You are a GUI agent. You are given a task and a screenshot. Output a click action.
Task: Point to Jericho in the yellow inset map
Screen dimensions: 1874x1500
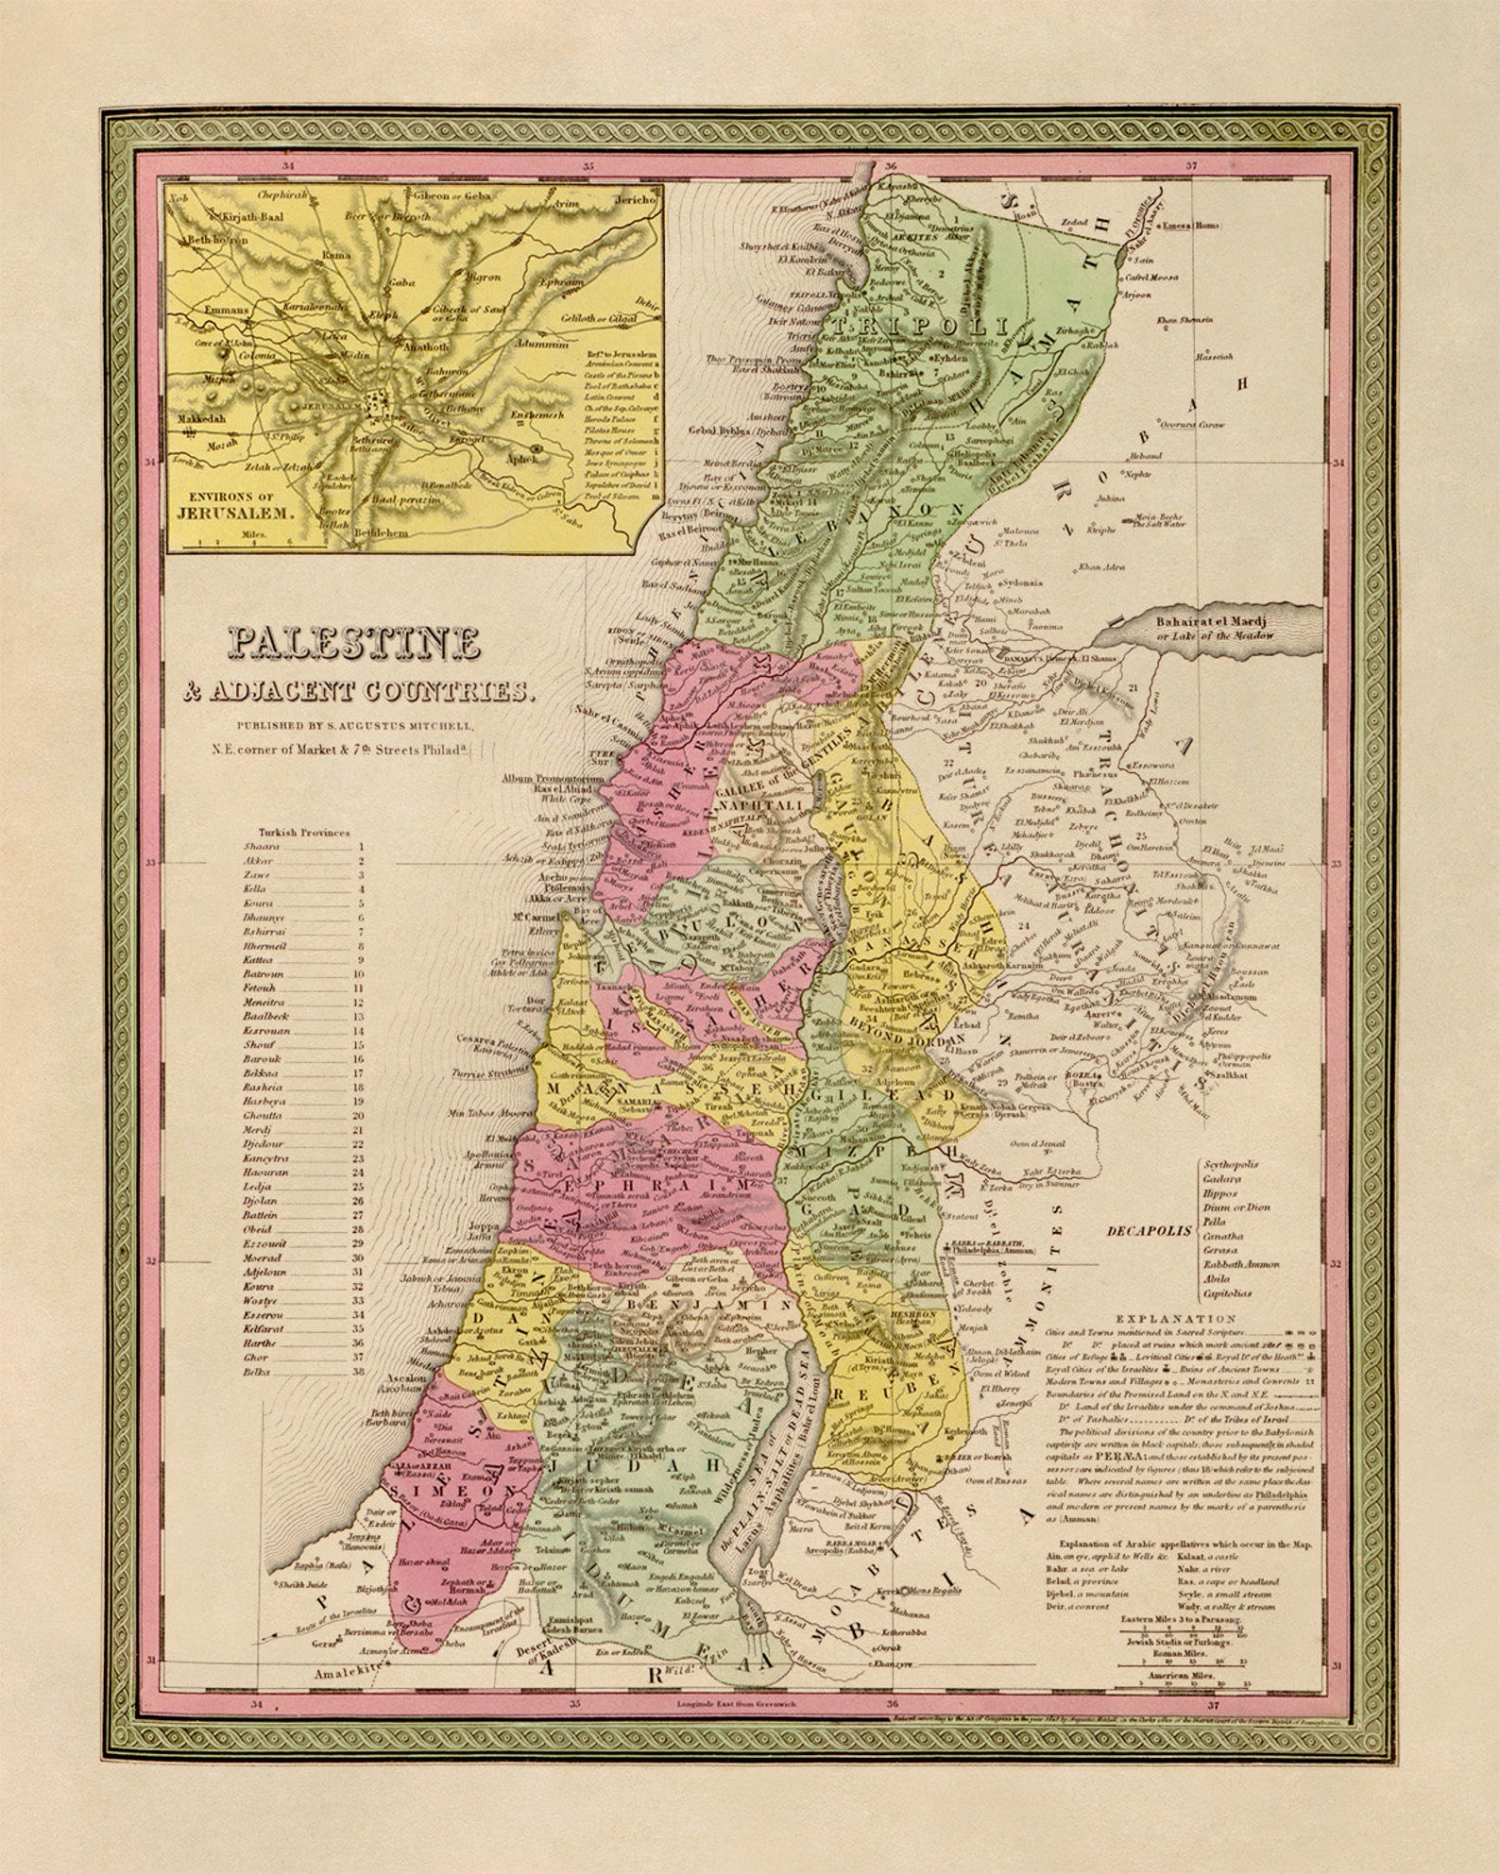coord(635,201)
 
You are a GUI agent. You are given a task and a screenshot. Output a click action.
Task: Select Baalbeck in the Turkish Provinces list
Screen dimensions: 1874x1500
coord(265,1016)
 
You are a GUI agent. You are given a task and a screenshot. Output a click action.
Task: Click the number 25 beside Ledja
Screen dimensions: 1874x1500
coord(358,1187)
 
